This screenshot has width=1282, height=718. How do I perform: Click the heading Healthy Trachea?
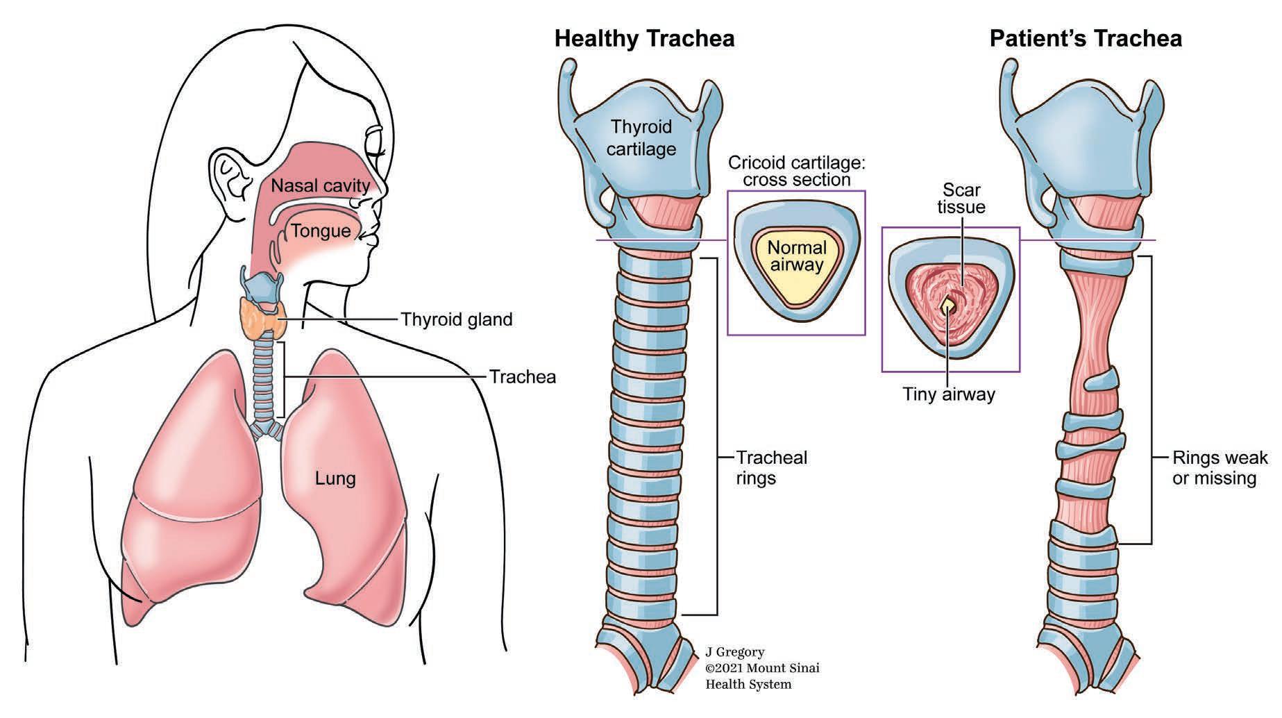(x=644, y=38)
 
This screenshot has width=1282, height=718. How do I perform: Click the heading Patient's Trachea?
(x=1086, y=38)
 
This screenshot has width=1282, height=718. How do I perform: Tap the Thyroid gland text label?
(x=456, y=319)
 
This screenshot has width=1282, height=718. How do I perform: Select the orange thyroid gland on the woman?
(x=262, y=319)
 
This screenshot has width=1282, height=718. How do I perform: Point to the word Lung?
(x=335, y=478)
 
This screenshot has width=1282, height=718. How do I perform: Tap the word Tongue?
(x=321, y=231)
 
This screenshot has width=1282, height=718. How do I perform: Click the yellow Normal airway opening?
(x=797, y=264)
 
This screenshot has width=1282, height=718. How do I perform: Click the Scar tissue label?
(x=961, y=198)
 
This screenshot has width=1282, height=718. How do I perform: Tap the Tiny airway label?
(x=949, y=394)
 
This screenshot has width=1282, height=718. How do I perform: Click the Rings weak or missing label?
(x=1220, y=467)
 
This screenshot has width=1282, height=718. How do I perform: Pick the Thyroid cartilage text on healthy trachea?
(x=641, y=137)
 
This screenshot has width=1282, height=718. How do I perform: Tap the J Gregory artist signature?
(x=735, y=652)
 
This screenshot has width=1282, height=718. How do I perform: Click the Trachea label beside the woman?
(x=523, y=377)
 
